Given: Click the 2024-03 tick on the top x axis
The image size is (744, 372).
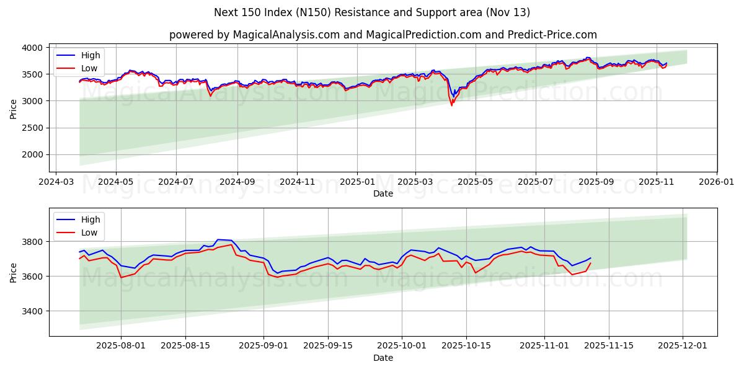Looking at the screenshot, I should pyautogui.click(x=56, y=182).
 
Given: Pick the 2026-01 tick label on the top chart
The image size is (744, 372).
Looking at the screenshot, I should pyautogui.click(x=716, y=182).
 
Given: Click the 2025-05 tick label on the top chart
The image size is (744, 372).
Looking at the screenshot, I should pyautogui.click(x=475, y=182).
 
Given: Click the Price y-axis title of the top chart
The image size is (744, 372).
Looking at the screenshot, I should pyautogui.click(x=14, y=109).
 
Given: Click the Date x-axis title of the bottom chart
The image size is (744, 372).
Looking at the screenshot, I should pyautogui.click(x=383, y=358).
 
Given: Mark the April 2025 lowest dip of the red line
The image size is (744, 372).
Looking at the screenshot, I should pyautogui.click(x=451, y=105).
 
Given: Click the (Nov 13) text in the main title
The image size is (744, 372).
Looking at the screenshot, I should pyautogui.click(x=508, y=12).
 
